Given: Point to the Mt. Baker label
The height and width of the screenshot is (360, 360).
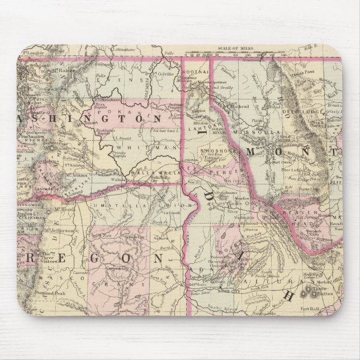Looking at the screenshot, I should [x=64, y=70].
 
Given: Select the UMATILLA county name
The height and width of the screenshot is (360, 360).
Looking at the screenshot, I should [x=114, y=206].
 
